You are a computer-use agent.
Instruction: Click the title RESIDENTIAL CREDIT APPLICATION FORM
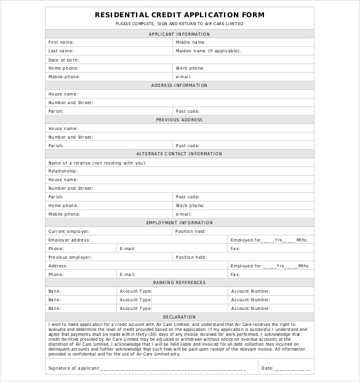point(180,15)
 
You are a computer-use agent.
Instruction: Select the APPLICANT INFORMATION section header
point(180,34)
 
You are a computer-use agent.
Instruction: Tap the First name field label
point(61,43)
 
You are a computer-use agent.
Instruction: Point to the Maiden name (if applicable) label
point(208,51)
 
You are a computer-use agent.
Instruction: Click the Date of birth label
point(64,60)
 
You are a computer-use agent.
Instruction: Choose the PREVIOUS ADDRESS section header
point(180,120)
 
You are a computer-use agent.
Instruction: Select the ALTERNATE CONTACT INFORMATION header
point(180,153)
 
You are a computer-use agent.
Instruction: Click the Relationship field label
point(63,171)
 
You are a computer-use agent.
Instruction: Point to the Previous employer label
point(70,257)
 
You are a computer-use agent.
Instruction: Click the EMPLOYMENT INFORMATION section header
point(180,222)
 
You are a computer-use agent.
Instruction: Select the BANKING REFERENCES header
point(180,282)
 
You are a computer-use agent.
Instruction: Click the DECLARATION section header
point(180,317)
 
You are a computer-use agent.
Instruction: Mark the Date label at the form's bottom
point(267,368)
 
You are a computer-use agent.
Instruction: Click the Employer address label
point(69,240)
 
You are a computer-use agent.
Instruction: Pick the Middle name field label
point(191,43)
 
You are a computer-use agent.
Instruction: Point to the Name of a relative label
point(97,163)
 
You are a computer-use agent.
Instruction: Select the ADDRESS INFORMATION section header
point(180,86)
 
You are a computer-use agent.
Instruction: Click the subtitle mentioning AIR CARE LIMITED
point(180,23)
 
